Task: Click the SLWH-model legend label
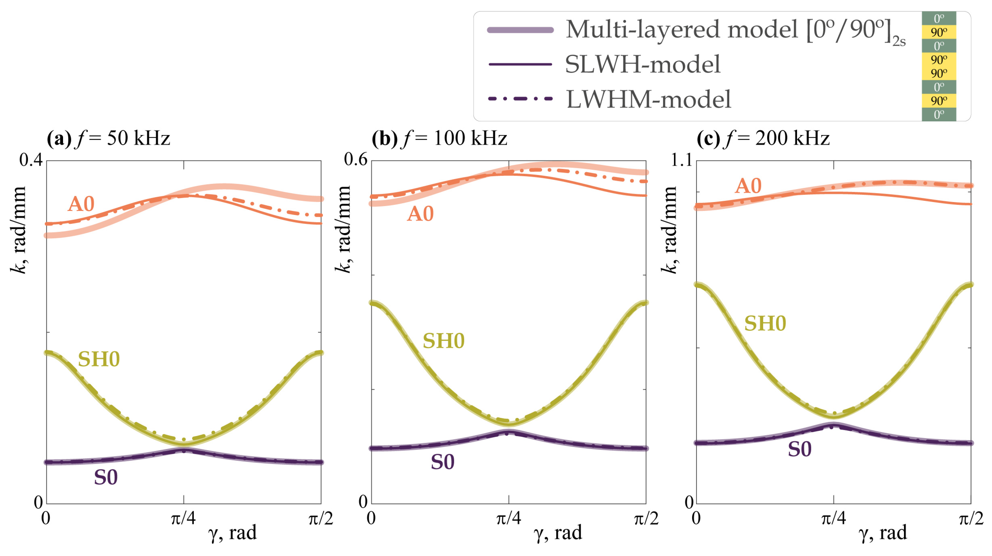[642, 64]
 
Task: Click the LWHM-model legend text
[648, 99]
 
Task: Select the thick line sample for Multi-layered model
[520, 30]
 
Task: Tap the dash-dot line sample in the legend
[520, 99]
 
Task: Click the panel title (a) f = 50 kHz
[108, 138]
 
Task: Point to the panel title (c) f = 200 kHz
[763, 138]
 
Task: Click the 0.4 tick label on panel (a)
[31, 160]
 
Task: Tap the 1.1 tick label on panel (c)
[681, 160]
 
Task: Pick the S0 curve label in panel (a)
[106, 478]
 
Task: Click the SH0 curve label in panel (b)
[444, 341]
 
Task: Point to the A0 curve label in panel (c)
[748, 186]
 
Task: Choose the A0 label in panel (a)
[81, 204]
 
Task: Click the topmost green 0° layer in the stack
[938, 18]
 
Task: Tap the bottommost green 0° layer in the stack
[938, 114]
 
